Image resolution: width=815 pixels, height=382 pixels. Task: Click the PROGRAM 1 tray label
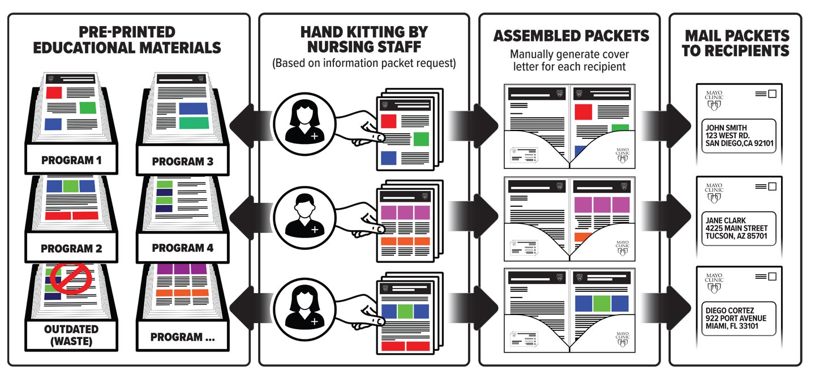71,160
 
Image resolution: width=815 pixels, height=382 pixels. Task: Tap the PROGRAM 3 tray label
183,162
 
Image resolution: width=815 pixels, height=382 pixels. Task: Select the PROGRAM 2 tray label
71,248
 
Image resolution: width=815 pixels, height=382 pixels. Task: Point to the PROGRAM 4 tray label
183,248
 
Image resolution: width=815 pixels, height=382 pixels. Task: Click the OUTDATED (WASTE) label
71,336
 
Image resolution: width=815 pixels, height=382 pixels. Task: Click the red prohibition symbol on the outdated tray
71,279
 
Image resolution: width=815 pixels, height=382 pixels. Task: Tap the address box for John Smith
739,135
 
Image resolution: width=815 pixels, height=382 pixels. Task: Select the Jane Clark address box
739,228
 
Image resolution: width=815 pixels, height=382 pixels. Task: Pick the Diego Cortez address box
739,319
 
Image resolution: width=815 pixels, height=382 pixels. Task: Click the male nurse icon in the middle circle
304,217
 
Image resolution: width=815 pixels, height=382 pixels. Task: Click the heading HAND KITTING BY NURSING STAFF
364,39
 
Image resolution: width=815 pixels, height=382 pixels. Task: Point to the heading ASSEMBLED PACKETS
571,36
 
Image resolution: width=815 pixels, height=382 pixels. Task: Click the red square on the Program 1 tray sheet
54,92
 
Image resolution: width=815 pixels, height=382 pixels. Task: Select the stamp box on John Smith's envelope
772,94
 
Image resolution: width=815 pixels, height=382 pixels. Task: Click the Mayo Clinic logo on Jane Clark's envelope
714,193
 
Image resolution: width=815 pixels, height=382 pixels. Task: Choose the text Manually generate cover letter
570,61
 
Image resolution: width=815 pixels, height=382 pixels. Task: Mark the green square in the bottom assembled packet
602,303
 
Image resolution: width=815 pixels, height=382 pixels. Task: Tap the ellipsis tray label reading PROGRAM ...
183,337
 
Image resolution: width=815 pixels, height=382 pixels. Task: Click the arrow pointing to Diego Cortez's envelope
666,308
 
